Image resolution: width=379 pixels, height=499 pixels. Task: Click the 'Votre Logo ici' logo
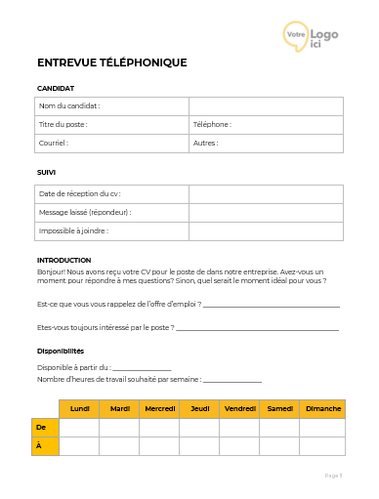[x=311, y=35]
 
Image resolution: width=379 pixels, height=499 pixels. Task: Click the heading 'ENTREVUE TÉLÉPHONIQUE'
[x=111, y=62]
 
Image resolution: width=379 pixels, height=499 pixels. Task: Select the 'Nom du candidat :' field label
[x=69, y=105]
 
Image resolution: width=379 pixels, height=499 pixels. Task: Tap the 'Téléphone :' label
[x=212, y=124]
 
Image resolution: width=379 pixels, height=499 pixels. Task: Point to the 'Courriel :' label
[x=53, y=143]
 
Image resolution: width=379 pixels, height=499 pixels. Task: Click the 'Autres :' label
[x=205, y=143]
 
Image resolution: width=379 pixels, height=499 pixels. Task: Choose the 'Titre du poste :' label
[x=63, y=124]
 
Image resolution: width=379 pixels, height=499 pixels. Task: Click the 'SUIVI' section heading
[x=46, y=172]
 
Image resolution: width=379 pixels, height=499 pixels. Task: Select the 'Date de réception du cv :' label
[x=78, y=193]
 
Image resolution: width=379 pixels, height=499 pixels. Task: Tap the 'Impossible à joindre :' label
[x=73, y=230]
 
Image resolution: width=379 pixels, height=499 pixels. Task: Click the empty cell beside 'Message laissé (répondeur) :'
[x=266, y=212]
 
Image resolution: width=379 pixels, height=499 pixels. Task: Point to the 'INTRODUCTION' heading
[x=63, y=260]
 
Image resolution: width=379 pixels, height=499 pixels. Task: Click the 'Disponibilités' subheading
[x=61, y=351]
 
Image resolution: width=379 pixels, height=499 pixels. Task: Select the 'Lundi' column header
[x=80, y=408]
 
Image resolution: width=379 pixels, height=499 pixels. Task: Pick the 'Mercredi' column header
[x=159, y=408]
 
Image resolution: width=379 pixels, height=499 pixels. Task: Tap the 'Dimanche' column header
[x=323, y=408]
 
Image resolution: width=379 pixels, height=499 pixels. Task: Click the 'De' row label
[x=41, y=427]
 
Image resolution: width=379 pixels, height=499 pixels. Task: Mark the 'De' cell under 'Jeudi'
[x=199, y=427]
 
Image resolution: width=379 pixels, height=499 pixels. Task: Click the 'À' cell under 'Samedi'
[x=279, y=445]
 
